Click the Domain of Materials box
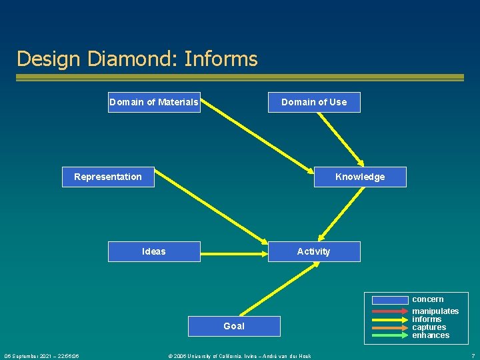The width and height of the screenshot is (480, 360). (x=154, y=102)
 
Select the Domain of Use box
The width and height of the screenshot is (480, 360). (x=314, y=102)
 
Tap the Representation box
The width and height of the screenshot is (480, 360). (x=108, y=177)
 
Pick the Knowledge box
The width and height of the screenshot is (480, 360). (x=360, y=177)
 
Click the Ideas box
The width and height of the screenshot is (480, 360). (x=154, y=251)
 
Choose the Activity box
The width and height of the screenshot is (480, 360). (x=314, y=251)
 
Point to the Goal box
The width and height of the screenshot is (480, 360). (x=234, y=326)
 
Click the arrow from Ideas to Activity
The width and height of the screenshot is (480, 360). (x=233, y=253)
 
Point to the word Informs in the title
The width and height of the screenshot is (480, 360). (x=221, y=59)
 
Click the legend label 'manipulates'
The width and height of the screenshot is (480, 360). (x=435, y=311)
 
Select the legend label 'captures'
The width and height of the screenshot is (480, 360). (x=429, y=327)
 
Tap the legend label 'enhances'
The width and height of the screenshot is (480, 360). (x=431, y=335)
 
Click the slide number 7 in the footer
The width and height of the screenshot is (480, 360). (x=473, y=356)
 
